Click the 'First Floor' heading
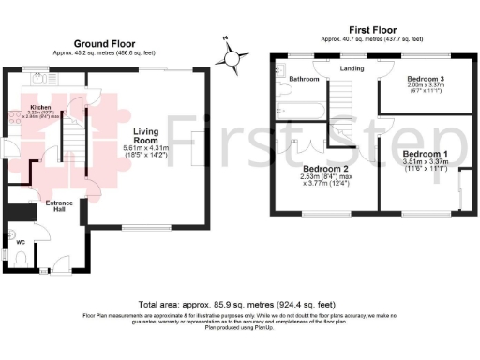coord(367,31)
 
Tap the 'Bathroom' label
coord(303,79)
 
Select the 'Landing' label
coord(352,67)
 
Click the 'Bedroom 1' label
coord(426,153)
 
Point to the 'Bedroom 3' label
coord(426,79)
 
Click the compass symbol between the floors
coord(232,58)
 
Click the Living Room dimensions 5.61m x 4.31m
coord(151,153)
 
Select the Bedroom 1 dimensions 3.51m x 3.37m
coord(426,164)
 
